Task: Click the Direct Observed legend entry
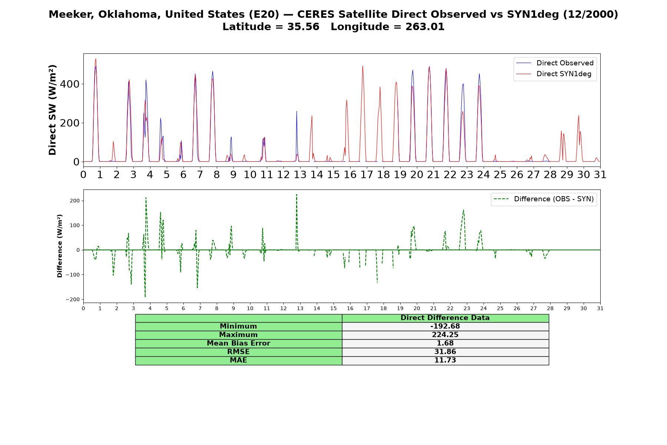click(x=555, y=63)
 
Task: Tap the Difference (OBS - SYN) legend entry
click(x=544, y=199)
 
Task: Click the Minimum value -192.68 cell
click(x=445, y=326)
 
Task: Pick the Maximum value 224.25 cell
click(x=445, y=335)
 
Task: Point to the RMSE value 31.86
click(x=445, y=352)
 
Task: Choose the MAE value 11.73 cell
click(x=445, y=360)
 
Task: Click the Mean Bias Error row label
click(x=238, y=343)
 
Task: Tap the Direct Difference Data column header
click(x=445, y=318)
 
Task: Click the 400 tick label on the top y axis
click(x=70, y=84)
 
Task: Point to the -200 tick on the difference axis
click(x=73, y=299)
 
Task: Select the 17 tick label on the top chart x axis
click(x=367, y=175)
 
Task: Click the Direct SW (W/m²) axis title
click(x=52, y=110)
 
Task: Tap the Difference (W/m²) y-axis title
click(x=60, y=246)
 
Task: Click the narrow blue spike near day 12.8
click(x=296, y=111)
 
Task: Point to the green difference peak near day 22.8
click(x=464, y=210)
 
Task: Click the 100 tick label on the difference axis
click(x=75, y=225)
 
